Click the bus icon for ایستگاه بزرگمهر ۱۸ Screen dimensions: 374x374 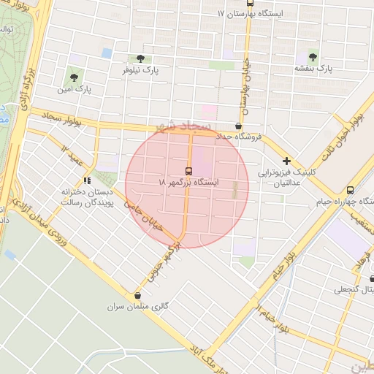pos(188,172)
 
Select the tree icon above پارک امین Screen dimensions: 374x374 pos(72,77)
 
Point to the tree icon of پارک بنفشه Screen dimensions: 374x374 pos(313,56)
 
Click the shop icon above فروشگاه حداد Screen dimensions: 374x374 pos(239,126)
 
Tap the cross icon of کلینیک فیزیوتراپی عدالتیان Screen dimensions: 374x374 pos(286,161)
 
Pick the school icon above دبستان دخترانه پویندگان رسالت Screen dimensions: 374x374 pos(88,180)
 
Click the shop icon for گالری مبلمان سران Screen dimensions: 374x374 pos(137,296)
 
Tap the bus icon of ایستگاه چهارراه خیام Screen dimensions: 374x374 pos(351,188)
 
